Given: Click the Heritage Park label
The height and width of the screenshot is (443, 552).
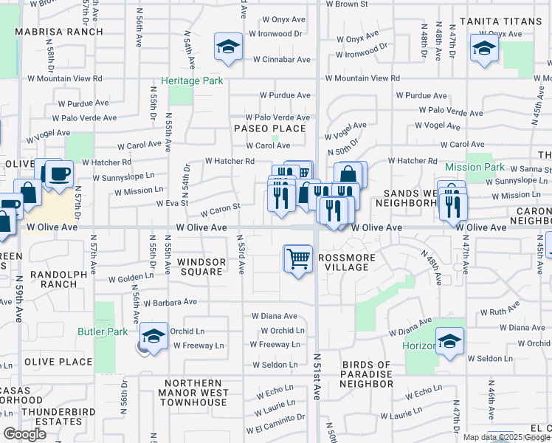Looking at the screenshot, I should pos(192,80).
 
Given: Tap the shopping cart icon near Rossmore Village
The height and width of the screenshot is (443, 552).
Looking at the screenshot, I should pos(298,259).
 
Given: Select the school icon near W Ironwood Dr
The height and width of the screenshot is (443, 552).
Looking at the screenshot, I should pos(229,48).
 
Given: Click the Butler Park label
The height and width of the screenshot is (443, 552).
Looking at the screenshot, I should pos(103,332).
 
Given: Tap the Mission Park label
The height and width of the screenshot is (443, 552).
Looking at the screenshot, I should pos(475,168).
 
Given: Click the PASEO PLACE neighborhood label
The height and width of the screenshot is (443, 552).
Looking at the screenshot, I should pos(270,128).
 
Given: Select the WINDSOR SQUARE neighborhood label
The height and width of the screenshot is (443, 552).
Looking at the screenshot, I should pos(201,267).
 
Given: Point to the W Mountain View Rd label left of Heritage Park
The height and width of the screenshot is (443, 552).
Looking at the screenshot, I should pos(65,78).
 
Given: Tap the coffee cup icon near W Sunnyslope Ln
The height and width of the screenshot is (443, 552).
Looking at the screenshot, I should pos(59,174).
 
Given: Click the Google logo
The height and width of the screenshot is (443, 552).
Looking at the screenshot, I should pos(25,434).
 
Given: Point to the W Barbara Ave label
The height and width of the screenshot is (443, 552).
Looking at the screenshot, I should pos(170,302).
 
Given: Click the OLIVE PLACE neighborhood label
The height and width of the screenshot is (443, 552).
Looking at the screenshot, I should pos(58,362).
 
